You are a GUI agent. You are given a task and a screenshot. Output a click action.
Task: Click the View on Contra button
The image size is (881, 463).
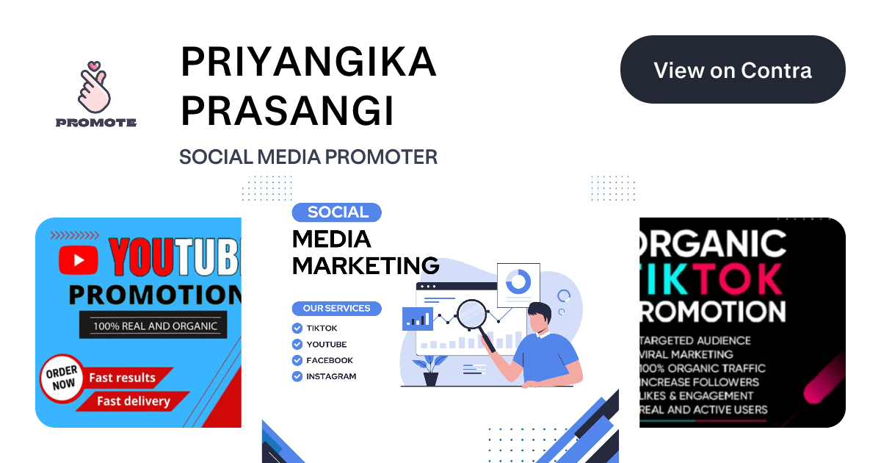733,70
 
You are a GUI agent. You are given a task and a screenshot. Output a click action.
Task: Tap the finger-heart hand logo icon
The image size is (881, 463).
95,86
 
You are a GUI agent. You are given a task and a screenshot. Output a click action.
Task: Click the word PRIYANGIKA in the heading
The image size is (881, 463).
308,63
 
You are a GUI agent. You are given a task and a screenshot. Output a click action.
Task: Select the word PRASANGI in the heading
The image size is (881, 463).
287,110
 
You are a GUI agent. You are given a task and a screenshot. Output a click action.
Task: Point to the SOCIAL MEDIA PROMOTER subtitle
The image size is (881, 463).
308,157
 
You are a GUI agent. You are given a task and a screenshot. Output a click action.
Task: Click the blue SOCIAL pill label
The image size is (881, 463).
337,212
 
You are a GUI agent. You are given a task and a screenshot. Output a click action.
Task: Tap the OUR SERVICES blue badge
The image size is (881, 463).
336,308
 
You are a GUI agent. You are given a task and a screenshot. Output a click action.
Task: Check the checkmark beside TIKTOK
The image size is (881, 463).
297,329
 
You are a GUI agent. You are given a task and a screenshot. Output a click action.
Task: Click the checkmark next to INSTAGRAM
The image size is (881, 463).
297,376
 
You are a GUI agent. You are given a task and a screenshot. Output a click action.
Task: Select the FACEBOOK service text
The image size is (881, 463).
330,360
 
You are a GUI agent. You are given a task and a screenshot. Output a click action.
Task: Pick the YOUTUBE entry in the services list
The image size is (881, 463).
327,344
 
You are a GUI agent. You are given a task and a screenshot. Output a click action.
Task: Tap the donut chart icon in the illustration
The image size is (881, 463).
518,280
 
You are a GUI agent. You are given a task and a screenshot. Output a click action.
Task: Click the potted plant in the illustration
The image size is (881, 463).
431,370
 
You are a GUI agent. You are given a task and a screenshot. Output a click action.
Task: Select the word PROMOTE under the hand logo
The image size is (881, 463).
96,123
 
